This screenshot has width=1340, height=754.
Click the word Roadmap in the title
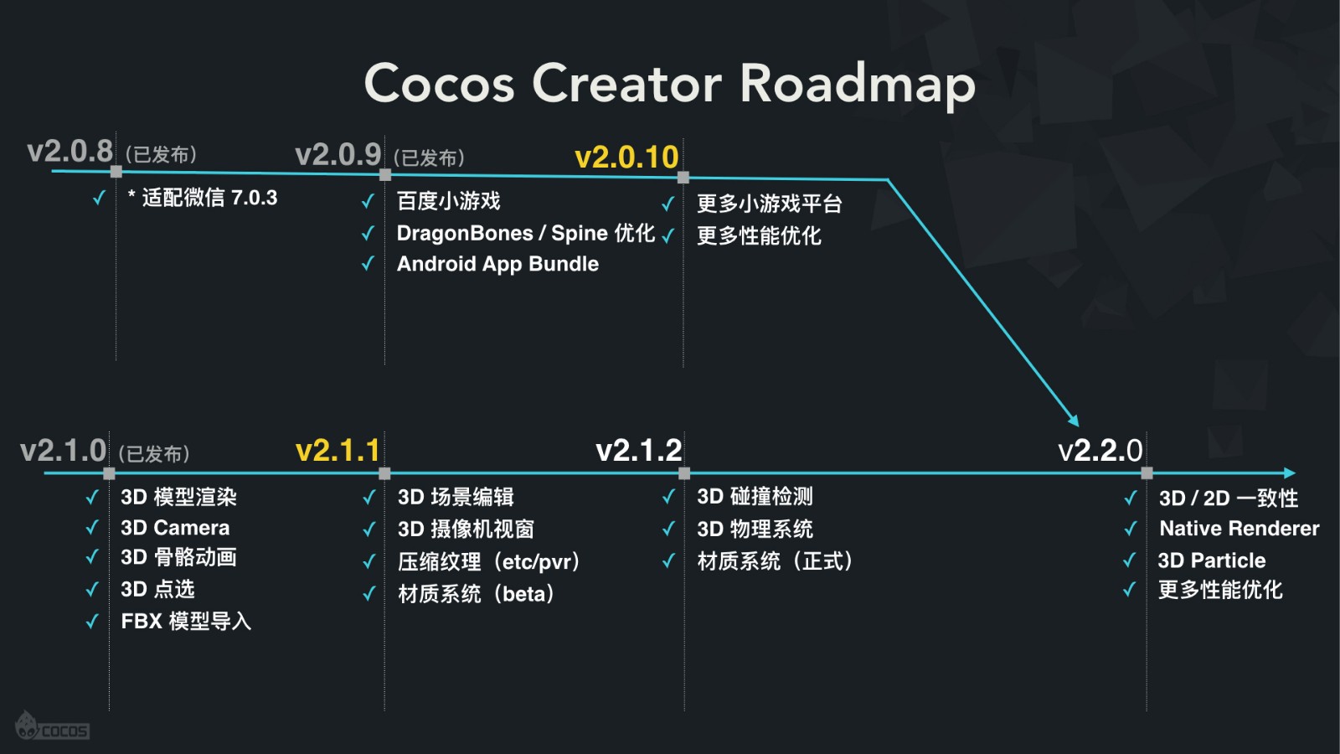[x=858, y=84]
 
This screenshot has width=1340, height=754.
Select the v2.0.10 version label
[x=626, y=157]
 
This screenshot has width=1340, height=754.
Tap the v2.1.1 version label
[x=338, y=451]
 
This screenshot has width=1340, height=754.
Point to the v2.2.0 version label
[x=1100, y=451]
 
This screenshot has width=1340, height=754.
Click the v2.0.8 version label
[x=70, y=152]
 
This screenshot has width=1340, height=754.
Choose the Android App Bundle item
[x=497, y=264]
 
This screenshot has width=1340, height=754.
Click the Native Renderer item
[x=1239, y=529]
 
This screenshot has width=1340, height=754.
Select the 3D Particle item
[x=1211, y=560]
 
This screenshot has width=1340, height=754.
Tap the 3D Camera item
[x=175, y=528]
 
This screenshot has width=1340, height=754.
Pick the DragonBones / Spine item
[x=525, y=233]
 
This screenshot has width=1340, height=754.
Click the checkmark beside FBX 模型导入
[x=92, y=622]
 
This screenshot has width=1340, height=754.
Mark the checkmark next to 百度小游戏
[x=368, y=201]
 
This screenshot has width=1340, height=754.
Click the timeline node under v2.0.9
[x=385, y=174]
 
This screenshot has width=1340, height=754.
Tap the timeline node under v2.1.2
[x=684, y=473]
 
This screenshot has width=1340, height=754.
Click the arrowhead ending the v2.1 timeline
[x=1290, y=473]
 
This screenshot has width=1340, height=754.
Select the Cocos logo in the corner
[x=52, y=727]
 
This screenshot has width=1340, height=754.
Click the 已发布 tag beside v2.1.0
[x=154, y=454]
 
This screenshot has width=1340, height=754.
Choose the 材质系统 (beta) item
[x=476, y=594]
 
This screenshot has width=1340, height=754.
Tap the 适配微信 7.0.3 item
[x=203, y=198]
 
